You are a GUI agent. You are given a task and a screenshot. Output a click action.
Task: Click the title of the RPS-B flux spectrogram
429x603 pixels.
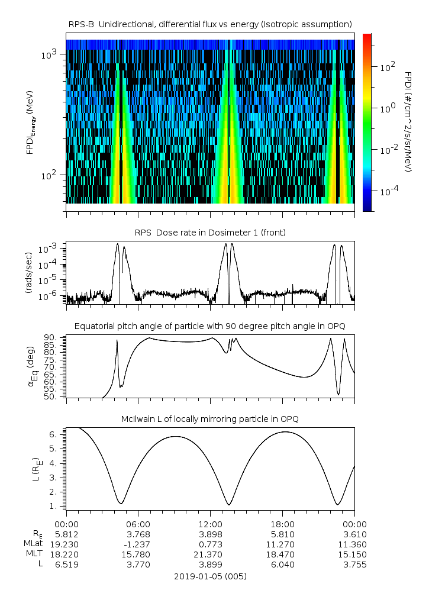[x=210, y=24]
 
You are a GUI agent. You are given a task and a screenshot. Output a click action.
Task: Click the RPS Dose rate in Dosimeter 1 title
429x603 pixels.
[x=210, y=233]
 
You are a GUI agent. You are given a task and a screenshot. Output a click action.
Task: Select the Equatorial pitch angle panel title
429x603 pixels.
[x=210, y=326]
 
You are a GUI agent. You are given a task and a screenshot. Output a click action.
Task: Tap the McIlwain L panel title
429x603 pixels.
[x=210, y=419]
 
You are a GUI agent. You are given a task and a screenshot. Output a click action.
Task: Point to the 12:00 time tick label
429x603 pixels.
[x=210, y=524]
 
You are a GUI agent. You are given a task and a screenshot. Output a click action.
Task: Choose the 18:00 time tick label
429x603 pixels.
[x=282, y=524]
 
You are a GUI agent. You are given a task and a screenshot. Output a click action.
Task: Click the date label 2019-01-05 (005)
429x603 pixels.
[x=210, y=576]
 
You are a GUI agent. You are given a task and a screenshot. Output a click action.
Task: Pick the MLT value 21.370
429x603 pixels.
[x=210, y=554]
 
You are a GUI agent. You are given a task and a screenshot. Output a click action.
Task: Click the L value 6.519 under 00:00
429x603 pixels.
[x=66, y=564]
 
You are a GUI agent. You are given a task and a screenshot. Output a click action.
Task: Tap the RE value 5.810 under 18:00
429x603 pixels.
[x=282, y=534]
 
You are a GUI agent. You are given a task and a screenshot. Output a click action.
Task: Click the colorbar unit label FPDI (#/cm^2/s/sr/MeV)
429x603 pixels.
[x=408, y=121]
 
